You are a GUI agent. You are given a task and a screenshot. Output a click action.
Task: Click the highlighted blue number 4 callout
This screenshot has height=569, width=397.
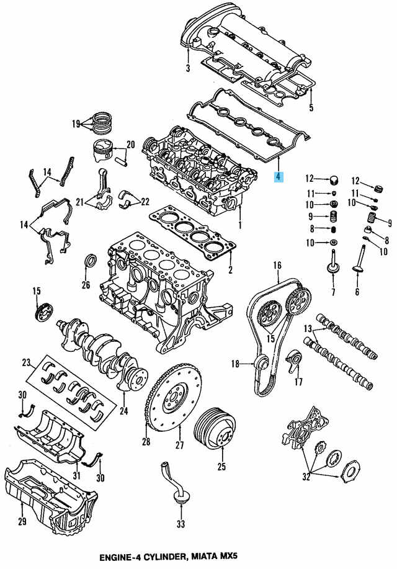[x=279, y=177]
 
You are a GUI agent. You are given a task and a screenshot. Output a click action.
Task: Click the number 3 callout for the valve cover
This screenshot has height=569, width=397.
[x=188, y=68]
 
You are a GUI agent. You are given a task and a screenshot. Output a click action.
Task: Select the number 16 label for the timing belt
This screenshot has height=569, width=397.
[x=277, y=266]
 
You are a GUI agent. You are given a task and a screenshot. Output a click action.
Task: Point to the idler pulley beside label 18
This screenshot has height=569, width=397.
[x=261, y=364]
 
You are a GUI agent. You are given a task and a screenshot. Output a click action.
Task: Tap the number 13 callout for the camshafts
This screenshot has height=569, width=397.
[x=308, y=328]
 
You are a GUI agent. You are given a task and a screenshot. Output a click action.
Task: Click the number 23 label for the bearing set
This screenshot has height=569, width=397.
[x=26, y=362]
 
